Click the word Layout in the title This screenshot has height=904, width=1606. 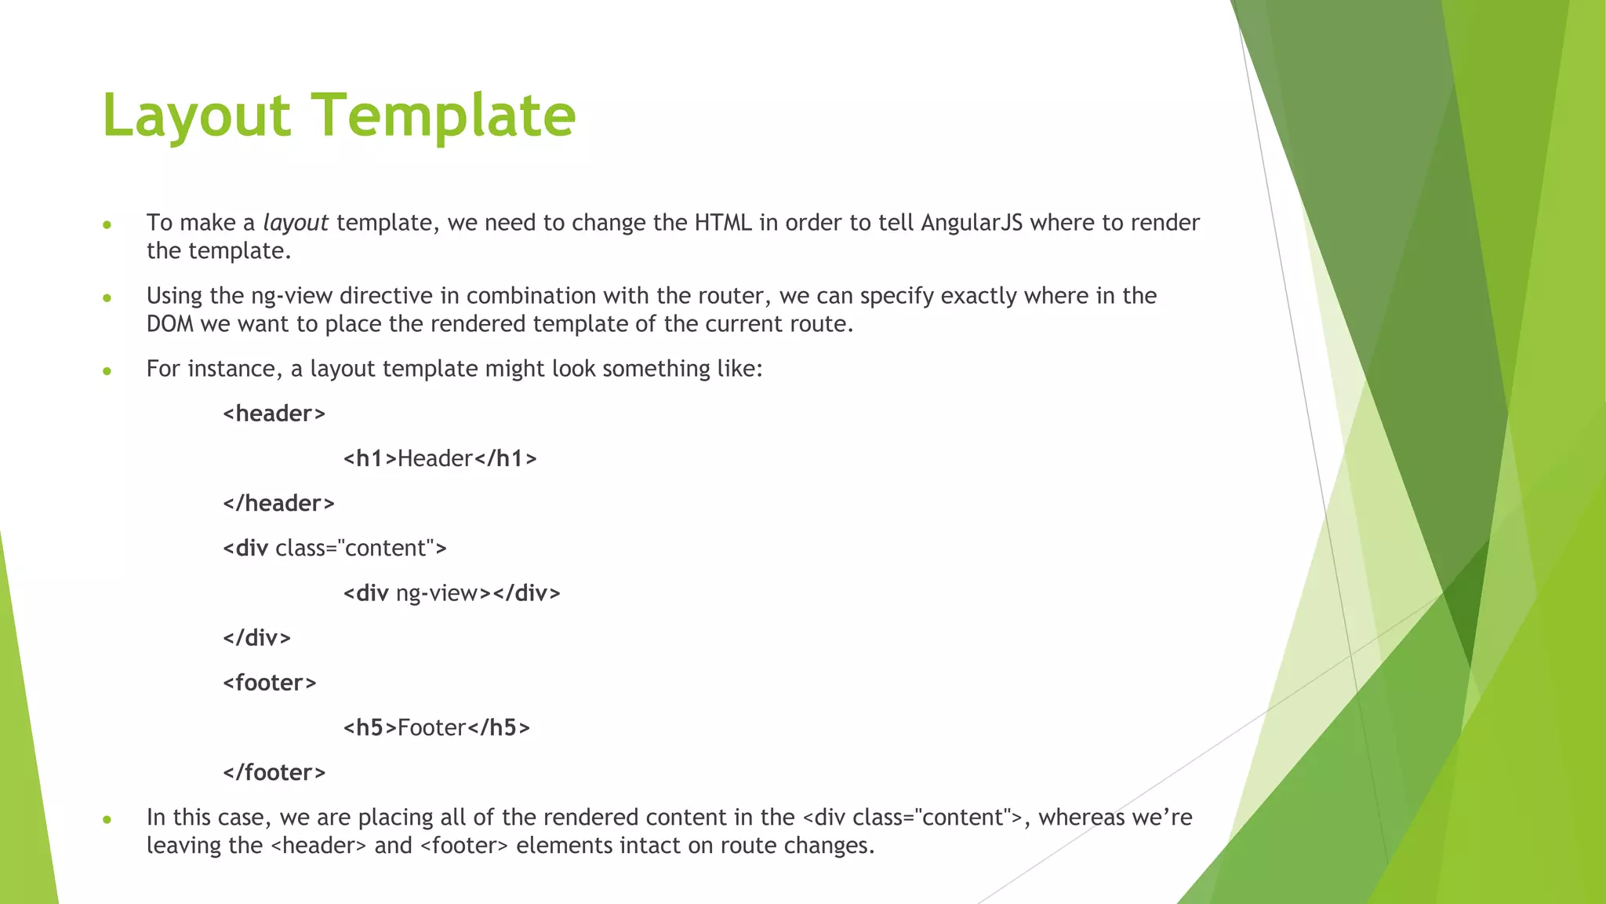[196, 115]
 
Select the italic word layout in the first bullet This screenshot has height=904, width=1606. [295, 223]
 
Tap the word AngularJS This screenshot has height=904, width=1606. [972, 223]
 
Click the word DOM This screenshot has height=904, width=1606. [169, 324]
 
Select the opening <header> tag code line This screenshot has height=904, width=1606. [274, 414]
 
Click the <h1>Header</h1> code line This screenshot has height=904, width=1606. [440, 458]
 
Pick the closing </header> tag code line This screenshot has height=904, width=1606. [278, 503]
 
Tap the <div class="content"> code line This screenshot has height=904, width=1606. [335, 548]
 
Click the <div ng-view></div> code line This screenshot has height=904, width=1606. [452, 593]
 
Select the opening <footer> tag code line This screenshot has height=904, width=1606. [270, 683]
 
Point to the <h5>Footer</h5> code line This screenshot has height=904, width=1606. [437, 727]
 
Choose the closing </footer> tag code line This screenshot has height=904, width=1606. [274, 772]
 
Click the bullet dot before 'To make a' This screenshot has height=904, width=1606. [107, 225]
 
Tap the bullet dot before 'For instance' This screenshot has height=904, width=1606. [107, 371]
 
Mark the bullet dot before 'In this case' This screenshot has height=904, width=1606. [107, 820]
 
